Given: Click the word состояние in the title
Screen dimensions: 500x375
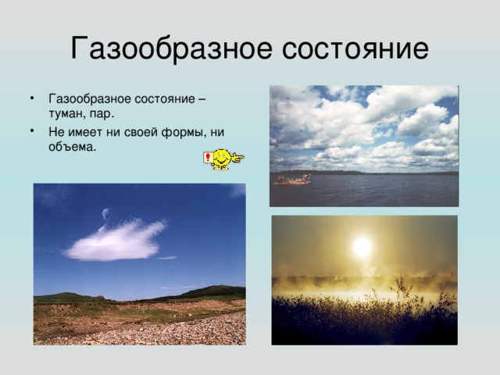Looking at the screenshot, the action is tap(355, 49).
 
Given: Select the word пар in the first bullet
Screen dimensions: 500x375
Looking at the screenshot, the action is tap(102, 114).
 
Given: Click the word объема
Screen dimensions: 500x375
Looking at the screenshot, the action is tap(72, 146).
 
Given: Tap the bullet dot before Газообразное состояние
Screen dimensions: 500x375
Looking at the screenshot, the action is tap(32, 98).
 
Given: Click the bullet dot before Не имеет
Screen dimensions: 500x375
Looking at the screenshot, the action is tap(32, 131).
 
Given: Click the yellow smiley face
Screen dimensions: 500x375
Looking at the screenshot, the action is tap(220, 159).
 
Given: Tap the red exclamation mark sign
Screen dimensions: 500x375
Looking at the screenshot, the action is tap(208, 158).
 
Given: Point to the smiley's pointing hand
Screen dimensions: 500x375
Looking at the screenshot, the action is tap(237, 156).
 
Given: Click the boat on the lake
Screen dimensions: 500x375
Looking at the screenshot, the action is tap(292, 180).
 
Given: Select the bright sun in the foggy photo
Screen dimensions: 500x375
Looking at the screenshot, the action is tap(362, 247).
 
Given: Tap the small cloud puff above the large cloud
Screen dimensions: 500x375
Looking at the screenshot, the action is tap(106, 213).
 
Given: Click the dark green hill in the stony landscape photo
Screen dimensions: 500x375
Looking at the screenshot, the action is tap(210, 291).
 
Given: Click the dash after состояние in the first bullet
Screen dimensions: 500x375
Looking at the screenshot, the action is tap(202, 100).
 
